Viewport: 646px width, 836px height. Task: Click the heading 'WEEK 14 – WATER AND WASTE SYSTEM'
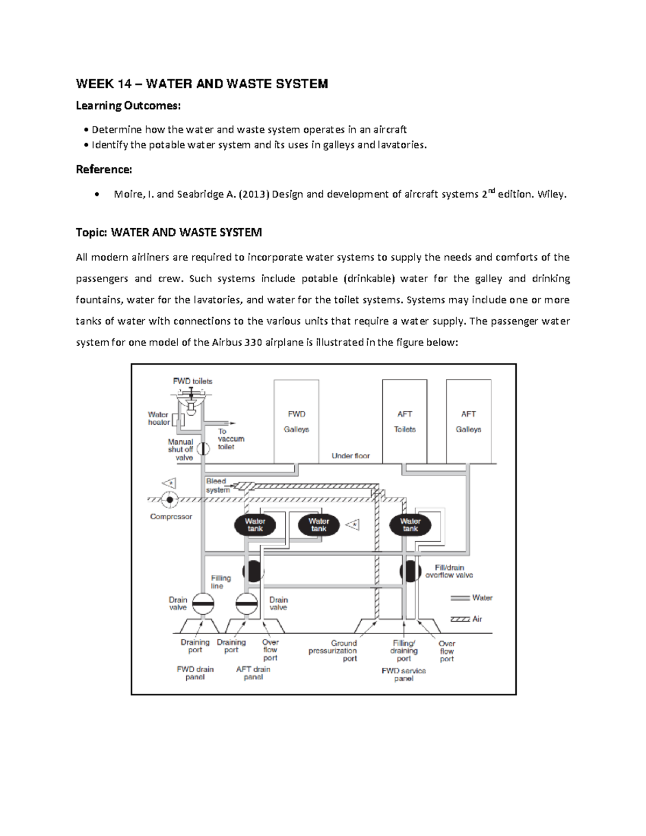(202, 84)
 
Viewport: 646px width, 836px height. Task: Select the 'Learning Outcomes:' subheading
(128, 106)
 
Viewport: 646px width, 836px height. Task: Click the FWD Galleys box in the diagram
(296, 421)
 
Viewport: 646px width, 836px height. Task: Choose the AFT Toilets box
(405, 421)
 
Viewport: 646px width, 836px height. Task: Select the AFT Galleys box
(468, 421)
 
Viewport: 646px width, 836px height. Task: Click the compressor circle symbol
(170, 500)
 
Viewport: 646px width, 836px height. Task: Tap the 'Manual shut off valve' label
(180, 449)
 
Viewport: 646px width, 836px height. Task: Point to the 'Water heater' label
(159, 418)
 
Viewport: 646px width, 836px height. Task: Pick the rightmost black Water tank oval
(410, 525)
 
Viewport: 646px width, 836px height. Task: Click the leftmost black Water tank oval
(255, 525)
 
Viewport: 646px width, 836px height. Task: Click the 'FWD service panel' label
(404, 675)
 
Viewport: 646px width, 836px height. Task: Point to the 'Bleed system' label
(217, 486)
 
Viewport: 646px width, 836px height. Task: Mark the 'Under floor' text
(350, 456)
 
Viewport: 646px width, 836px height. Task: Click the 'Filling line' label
(221, 582)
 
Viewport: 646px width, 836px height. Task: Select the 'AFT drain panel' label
(253, 673)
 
